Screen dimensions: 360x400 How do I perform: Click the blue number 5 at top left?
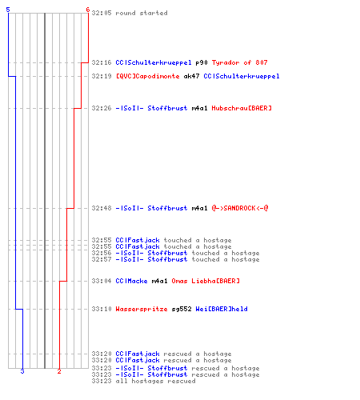click(8, 10)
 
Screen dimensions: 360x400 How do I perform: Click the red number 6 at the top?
click(88, 10)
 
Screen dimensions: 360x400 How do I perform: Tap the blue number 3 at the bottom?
click(22, 371)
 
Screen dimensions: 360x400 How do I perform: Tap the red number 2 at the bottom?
click(59, 371)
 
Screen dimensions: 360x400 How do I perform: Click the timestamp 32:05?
click(102, 13)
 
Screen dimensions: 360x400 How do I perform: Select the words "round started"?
click(142, 13)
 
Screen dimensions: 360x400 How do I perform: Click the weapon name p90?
click(202, 62)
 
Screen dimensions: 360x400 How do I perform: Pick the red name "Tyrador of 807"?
click(239, 62)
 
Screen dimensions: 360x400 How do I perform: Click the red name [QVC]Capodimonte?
click(147, 76)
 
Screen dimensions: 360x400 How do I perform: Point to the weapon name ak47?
click(191, 76)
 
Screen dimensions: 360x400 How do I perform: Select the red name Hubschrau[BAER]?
click(242, 108)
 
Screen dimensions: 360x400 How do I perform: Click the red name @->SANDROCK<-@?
click(240, 208)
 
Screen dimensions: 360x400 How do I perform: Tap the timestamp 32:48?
click(102, 208)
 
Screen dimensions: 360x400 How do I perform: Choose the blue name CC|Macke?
click(131, 281)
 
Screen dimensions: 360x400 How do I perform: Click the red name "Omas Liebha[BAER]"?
click(206, 281)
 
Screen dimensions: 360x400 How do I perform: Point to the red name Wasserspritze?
click(142, 309)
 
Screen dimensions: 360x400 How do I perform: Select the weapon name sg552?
click(182, 309)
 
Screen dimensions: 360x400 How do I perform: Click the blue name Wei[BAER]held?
click(222, 309)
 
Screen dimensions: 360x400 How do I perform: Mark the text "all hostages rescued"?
click(155, 381)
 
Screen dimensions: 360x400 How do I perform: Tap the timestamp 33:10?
click(102, 309)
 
